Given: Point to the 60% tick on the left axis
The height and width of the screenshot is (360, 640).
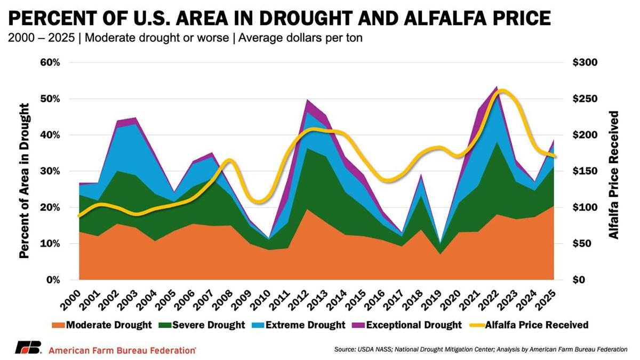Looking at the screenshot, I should [x=49, y=62].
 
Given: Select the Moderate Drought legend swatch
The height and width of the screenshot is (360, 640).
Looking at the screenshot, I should [x=58, y=325].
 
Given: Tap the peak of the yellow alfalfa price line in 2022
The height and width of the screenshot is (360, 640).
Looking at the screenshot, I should [x=499, y=91].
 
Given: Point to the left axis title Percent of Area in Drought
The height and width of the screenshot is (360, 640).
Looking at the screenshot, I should [x=24, y=171].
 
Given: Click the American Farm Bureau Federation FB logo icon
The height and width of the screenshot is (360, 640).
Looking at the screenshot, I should [x=28, y=348].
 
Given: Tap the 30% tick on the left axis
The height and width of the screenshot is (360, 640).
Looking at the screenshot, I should [x=49, y=171].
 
